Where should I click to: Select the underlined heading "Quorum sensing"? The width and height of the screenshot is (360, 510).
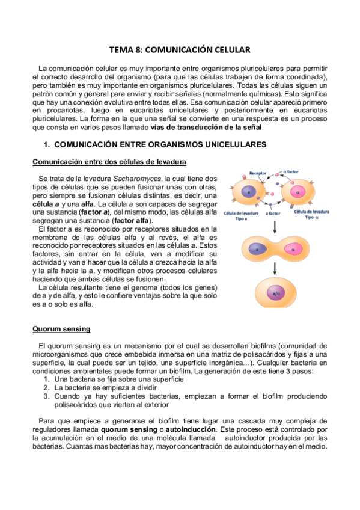pyautogui.click(x=61, y=329)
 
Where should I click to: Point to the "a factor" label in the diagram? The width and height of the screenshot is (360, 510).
pyautogui.click(x=273, y=213)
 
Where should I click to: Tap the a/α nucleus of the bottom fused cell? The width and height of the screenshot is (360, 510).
pyautogui.click(x=276, y=294)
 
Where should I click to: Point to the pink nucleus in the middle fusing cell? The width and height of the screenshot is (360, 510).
pyautogui.click(x=294, y=248)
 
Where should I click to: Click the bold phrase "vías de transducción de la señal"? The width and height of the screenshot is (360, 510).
pyautogui.click(x=210, y=127)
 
